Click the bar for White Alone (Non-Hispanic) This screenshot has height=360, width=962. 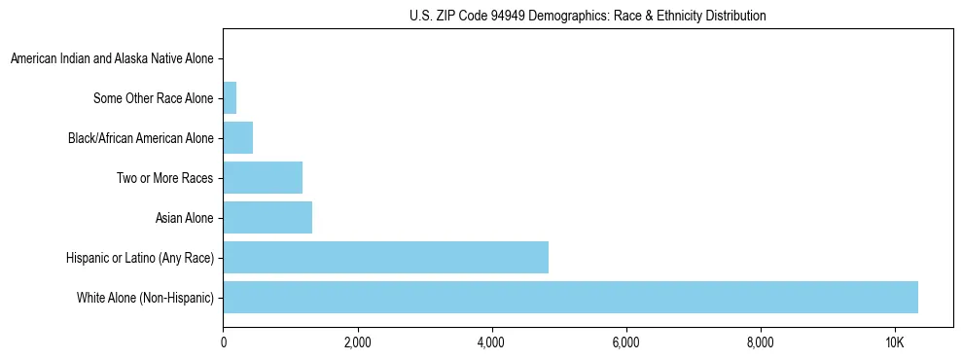coord(570,297)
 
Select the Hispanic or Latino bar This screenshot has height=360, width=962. coord(385,257)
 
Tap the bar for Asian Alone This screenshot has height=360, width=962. coord(267,218)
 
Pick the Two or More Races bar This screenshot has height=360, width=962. coord(263,178)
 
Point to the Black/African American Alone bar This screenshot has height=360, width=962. coord(237,138)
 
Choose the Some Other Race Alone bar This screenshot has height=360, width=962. coord(230,98)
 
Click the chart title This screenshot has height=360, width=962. coord(588,16)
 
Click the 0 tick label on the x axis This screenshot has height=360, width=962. coord(224,342)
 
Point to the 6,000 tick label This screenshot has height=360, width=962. coord(625,342)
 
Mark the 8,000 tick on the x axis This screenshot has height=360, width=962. coord(760,342)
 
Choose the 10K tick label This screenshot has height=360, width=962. coord(894,342)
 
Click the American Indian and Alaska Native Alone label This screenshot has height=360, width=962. coord(112,59)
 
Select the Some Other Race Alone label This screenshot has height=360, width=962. coord(153,98)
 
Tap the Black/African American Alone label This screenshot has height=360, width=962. coord(141,138)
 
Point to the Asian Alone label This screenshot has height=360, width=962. coord(184,218)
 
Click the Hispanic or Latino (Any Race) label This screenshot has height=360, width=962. coord(139,257)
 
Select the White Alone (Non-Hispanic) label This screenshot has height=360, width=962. coord(145,297)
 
